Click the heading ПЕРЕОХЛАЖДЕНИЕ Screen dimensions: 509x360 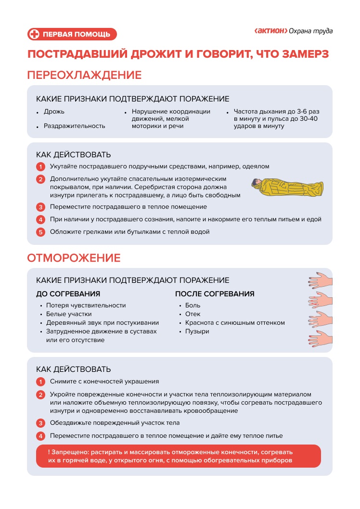(x=84, y=75)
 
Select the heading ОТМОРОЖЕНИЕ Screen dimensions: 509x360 (x=74, y=257)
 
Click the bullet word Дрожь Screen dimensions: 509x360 (x=54, y=112)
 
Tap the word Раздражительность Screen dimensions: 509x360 (x=74, y=126)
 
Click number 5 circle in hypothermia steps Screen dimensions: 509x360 (x=41, y=232)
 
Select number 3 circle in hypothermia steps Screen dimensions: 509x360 (x=41, y=207)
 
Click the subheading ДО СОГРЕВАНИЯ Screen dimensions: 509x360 (x=68, y=294)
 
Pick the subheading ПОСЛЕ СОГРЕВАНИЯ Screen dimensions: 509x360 (x=215, y=294)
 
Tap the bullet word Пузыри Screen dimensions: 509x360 (x=197, y=331)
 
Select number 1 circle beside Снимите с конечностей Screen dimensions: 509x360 (x=41, y=382)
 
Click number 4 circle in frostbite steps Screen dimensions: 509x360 (x=41, y=436)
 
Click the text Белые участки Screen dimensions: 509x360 (x=67, y=314)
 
